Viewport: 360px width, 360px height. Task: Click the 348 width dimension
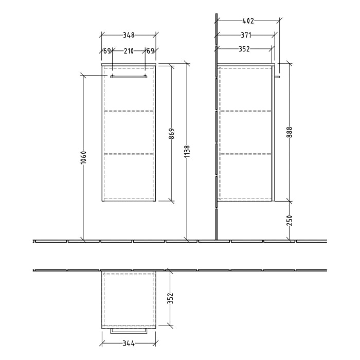[x=129, y=35]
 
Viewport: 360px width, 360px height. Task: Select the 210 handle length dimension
[x=129, y=51]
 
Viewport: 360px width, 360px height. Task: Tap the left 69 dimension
[x=107, y=51]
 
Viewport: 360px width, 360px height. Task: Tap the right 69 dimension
[x=150, y=51]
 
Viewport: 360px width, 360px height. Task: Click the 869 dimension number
[x=172, y=133]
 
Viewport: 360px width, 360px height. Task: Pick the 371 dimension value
[x=246, y=35]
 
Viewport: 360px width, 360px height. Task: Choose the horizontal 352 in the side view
[x=244, y=49]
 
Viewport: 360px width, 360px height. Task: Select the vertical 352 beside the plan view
[x=171, y=298]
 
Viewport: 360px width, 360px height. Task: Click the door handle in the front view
[x=129, y=76]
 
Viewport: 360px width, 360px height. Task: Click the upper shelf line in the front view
[x=129, y=110]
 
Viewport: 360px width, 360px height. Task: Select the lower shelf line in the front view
[x=129, y=153]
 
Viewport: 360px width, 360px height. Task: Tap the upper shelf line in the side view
[x=245, y=110]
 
